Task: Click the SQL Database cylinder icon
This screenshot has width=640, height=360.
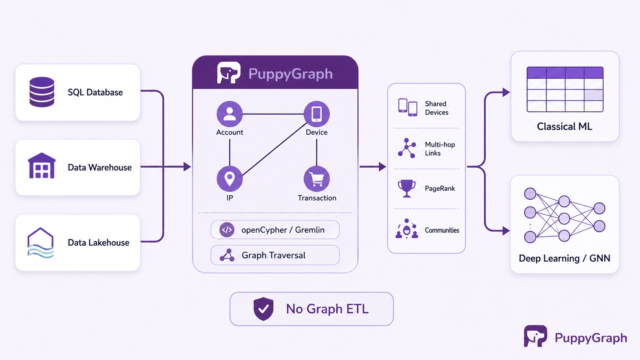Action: click(x=42, y=92)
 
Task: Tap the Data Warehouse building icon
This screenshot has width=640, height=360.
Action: click(x=42, y=166)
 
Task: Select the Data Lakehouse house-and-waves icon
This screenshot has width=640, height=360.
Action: click(x=41, y=243)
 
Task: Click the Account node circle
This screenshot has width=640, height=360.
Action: click(x=230, y=114)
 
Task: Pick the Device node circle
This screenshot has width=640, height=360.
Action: click(x=317, y=114)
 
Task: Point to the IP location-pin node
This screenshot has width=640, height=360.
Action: click(x=230, y=179)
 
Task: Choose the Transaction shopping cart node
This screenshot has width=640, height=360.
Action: click(x=317, y=179)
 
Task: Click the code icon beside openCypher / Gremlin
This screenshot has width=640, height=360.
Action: click(x=227, y=230)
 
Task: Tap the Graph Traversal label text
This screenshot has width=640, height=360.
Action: click(x=273, y=255)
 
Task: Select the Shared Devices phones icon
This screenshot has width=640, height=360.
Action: click(x=408, y=108)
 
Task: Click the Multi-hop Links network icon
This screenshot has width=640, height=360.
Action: click(x=407, y=148)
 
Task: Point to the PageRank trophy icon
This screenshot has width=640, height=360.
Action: click(x=407, y=189)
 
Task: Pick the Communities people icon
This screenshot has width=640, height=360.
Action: click(x=407, y=229)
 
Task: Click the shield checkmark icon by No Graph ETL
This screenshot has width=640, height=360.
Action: click(x=263, y=309)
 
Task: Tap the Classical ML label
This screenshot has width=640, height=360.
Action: click(x=565, y=127)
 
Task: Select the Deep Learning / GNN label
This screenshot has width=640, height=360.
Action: click(x=565, y=258)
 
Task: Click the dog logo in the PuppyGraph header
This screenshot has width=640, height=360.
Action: click(x=229, y=73)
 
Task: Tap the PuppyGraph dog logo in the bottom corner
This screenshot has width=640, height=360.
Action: click(x=536, y=336)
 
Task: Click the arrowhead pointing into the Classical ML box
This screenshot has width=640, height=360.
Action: click(x=506, y=92)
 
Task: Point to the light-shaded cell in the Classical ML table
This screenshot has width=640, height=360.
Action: click(x=594, y=95)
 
